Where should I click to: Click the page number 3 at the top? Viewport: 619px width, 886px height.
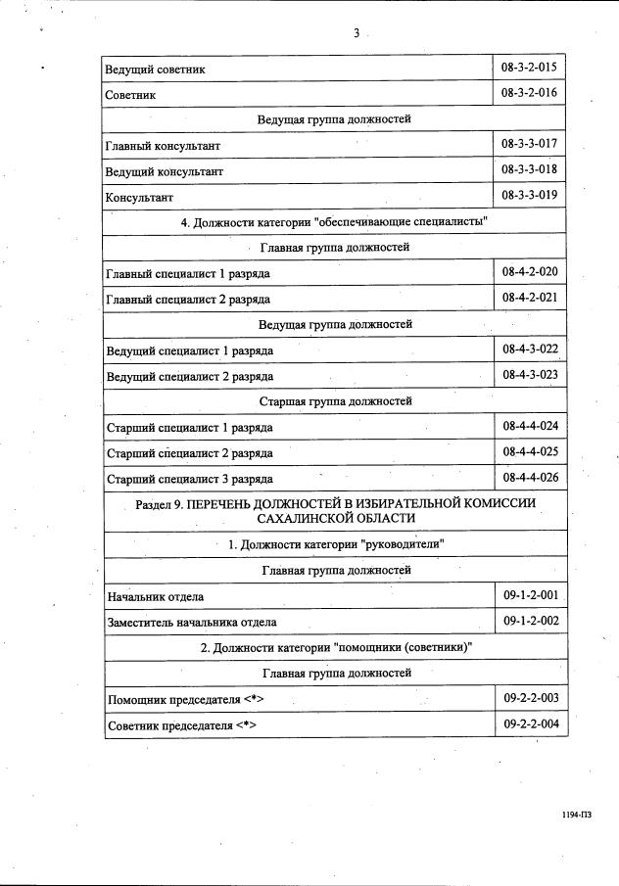[357, 33]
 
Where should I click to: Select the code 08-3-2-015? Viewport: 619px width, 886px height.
[529, 68]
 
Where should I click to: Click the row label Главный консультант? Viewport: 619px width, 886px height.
[162, 145]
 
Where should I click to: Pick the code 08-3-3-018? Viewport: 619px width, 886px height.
[529, 169]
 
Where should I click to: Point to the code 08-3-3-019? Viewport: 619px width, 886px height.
[529, 195]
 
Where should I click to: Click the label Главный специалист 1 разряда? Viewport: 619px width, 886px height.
[188, 273]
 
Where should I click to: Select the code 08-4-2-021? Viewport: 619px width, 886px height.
[529, 297]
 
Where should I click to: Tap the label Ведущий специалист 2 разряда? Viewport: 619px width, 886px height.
[189, 376]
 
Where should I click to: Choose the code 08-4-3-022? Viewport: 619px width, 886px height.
[529, 349]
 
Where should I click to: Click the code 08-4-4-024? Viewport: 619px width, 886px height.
[529, 427]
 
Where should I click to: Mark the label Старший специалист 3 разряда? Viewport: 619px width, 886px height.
[189, 479]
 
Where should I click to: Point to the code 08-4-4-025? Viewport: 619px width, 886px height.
[529, 452]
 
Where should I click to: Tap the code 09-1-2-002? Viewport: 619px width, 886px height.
[529, 621]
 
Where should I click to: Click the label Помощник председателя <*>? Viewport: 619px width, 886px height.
[185, 699]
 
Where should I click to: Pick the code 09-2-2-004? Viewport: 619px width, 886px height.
[529, 724]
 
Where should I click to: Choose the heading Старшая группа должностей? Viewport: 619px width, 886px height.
[335, 401]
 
